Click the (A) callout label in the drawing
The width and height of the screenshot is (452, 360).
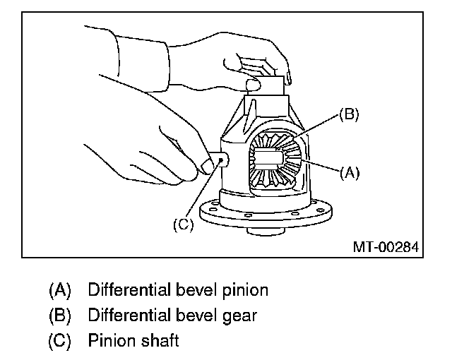click(350, 172)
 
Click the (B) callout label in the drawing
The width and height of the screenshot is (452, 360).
click(349, 115)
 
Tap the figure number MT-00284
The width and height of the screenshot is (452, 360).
click(386, 247)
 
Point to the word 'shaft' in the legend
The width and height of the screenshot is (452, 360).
click(160, 341)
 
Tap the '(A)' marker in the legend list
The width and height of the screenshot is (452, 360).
click(60, 290)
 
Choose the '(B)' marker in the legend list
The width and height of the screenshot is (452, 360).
click(60, 316)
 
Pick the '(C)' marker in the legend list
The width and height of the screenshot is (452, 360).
click(60, 341)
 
